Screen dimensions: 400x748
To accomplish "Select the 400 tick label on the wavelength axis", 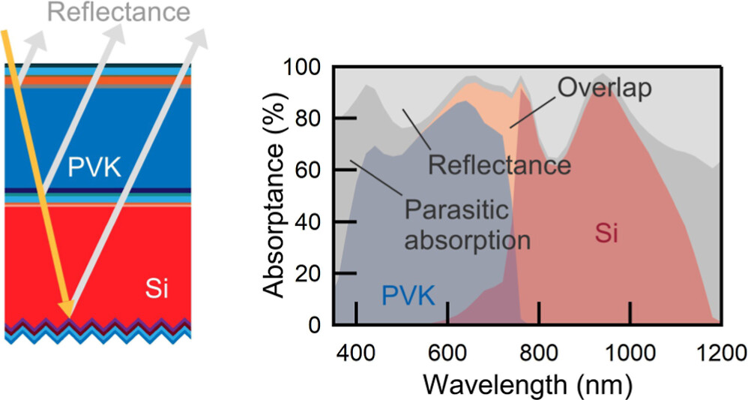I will coord(356,350).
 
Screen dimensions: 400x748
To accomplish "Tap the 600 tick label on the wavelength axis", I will coord(447,350).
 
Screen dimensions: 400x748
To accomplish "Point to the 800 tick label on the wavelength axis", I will coord(539,350).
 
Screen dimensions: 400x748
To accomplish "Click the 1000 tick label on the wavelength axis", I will coord(630,350).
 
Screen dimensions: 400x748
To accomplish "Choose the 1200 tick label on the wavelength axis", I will coord(720,350).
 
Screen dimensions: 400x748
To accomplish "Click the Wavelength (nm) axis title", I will coord(528,383).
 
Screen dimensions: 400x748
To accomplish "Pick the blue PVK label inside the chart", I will coord(408,295).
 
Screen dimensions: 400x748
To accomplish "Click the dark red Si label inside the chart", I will coord(607,234).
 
